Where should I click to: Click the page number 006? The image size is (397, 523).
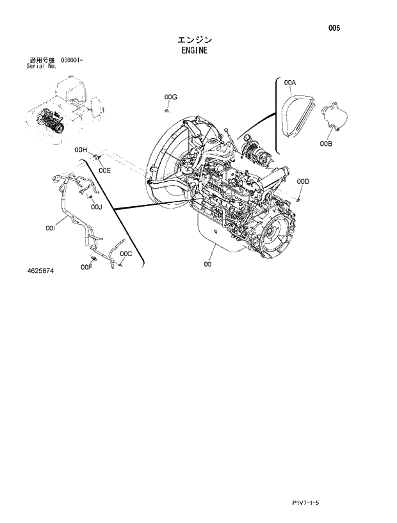334,28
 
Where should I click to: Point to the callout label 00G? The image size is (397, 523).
170,97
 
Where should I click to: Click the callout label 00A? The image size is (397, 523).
290,83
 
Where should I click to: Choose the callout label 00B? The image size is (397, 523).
326,144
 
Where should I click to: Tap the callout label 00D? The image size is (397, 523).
303,182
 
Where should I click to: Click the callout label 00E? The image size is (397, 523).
104,170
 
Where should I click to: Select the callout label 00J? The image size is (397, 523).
96,207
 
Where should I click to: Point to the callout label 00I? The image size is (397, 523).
51,227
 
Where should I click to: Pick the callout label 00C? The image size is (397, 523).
126,253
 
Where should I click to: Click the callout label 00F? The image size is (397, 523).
86,267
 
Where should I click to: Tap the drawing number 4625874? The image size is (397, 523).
40,271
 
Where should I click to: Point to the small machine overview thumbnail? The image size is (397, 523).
65,109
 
